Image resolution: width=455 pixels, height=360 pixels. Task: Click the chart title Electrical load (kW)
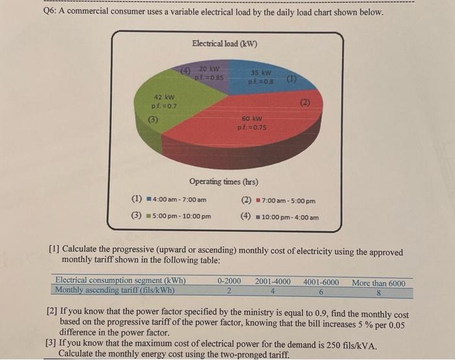[x=225, y=44]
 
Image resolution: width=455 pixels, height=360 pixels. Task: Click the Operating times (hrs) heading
[x=224, y=181]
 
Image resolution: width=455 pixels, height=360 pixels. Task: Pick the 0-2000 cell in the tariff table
[x=229, y=281]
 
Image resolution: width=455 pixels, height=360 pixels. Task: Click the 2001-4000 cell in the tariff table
[x=273, y=281]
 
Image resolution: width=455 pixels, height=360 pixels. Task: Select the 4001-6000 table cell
[x=320, y=281]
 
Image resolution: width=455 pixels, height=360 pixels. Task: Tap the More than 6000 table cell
[x=378, y=282]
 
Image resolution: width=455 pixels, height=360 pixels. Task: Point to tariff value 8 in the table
[x=378, y=291]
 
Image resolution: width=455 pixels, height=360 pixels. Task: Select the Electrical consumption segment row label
[x=120, y=281]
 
